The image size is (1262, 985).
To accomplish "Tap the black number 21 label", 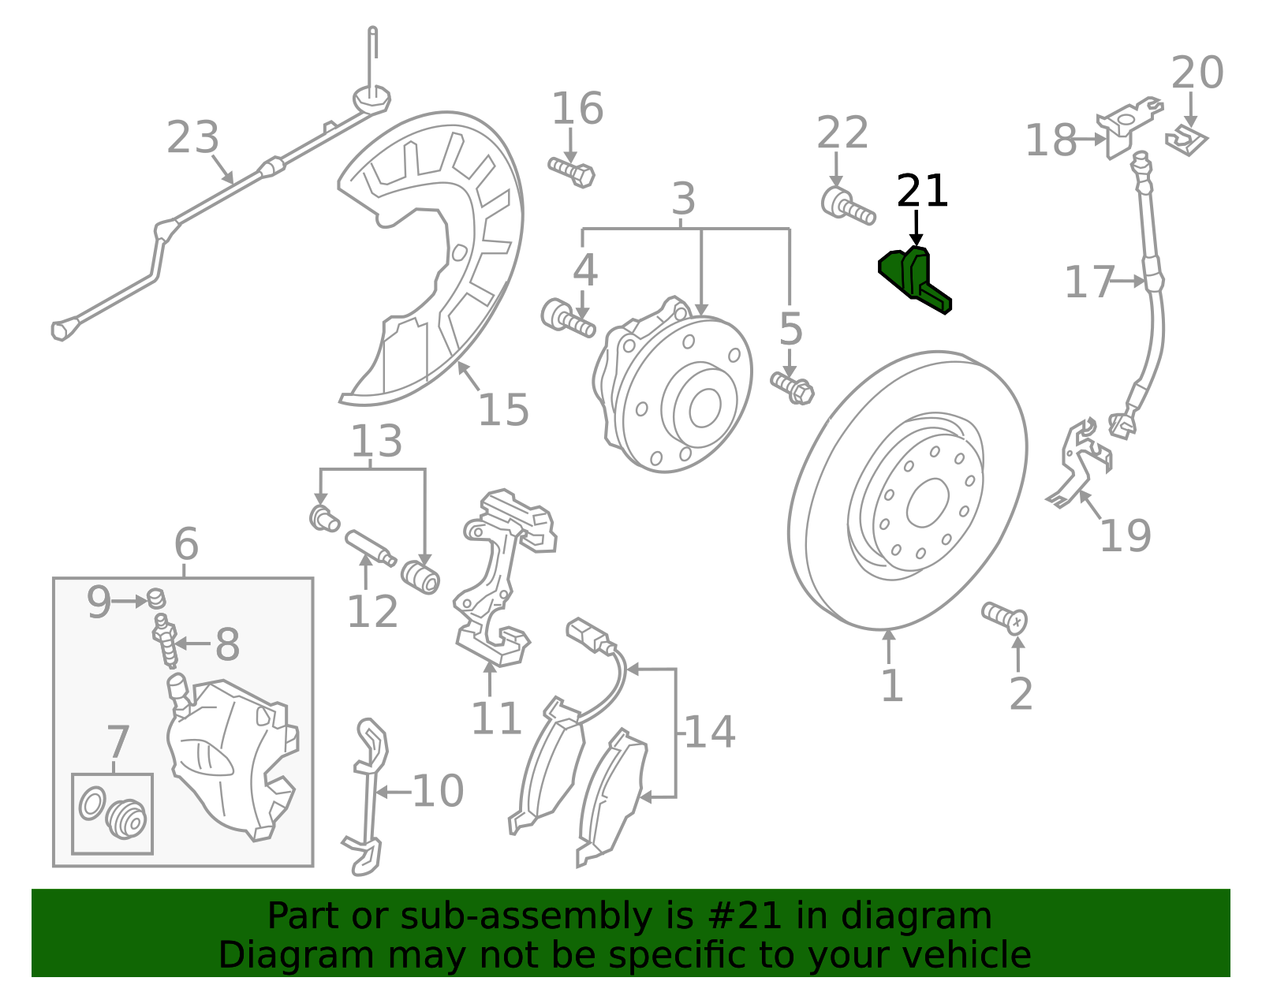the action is [x=922, y=192].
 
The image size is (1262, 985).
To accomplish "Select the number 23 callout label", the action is [x=192, y=138].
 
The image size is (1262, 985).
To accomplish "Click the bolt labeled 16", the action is [x=572, y=171].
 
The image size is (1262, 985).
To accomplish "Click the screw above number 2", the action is [x=1004, y=617].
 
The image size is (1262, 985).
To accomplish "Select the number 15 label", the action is [x=504, y=410].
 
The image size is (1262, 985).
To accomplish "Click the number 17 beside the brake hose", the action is [x=1089, y=282].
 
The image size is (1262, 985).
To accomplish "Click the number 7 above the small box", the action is [x=118, y=742].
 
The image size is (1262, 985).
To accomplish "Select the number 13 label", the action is [x=376, y=442].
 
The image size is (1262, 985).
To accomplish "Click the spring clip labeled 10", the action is [x=368, y=797].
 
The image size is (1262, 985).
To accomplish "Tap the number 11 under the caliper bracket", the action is [x=495, y=718].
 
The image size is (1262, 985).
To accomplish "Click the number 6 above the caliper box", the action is [x=186, y=544].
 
